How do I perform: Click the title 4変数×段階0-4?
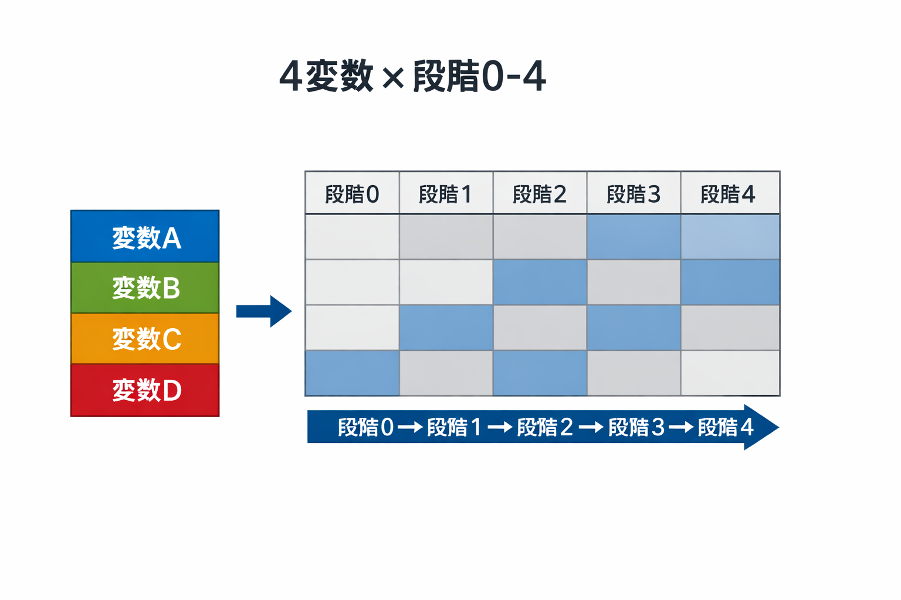[x=412, y=76]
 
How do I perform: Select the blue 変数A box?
[x=145, y=237]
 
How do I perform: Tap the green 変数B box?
[x=145, y=288]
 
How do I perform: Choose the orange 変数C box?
[x=145, y=339]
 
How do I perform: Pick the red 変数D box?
[x=145, y=390]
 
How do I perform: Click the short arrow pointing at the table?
[x=263, y=311]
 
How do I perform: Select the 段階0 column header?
[x=352, y=194]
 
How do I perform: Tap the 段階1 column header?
[x=446, y=194]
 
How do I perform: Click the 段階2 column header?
[x=540, y=194]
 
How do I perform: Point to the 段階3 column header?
[x=634, y=194]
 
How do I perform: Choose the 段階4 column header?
[x=729, y=194]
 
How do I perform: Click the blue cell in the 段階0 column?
[x=352, y=373]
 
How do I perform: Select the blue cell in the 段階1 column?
[x=446, y=328]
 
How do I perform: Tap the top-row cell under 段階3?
[x=634, y=237]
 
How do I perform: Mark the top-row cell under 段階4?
[x=730, y=237]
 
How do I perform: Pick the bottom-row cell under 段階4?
[x=730, y=373]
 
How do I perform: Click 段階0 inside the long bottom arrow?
[x=365, y=427]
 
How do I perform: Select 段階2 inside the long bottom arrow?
[x=544, y=427]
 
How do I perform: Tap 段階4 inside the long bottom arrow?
[x=725, y=427]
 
